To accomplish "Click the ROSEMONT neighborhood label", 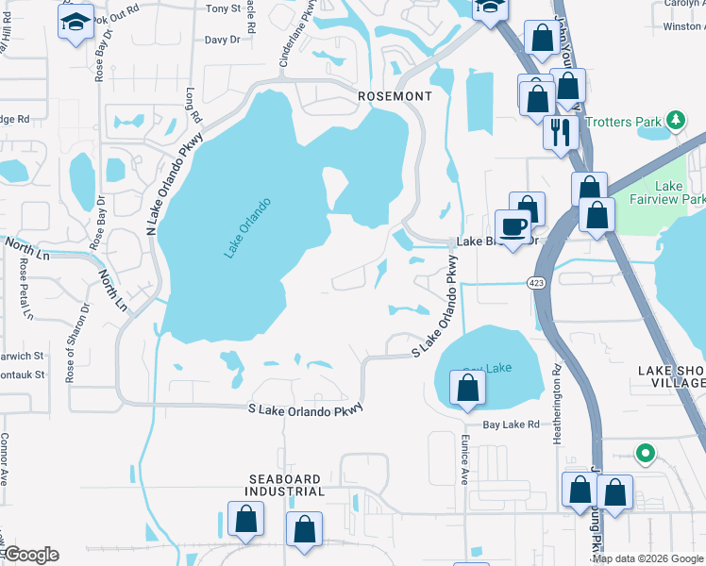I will [x=395, y=96].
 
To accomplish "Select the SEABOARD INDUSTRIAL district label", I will [x=286, y=486].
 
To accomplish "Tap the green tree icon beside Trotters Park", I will [x=675, y=120].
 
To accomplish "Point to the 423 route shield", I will [x=535, y=281].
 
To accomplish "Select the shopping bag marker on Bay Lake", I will [x=467, y=387].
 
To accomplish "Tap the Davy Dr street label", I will [x=223, y=41].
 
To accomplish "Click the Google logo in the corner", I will [x=31, y=555].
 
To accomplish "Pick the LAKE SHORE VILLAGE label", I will [x=671, y=376].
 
